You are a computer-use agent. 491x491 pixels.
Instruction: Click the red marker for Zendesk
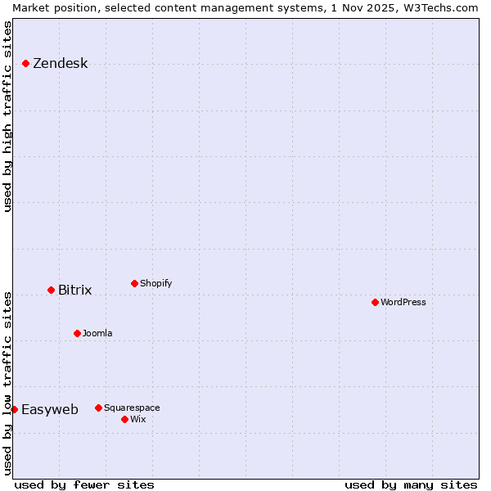25,63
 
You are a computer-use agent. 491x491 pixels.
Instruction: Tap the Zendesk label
60,64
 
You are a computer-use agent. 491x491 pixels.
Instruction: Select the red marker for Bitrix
51,290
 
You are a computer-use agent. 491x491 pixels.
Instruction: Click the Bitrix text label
74,291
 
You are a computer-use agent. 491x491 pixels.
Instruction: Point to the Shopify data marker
134,283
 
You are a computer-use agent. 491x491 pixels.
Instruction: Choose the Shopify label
155,284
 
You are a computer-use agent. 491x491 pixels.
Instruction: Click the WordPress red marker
375,302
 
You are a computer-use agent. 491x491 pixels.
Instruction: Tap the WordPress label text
403,303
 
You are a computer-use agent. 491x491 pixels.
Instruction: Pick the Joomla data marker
77,333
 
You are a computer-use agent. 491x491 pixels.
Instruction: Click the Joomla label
97,334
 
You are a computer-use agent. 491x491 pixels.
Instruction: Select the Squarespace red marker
98,408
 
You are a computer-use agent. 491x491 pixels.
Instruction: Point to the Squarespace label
132,408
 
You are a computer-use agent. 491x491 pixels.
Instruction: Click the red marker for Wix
124,419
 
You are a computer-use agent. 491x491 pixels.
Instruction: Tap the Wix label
137,420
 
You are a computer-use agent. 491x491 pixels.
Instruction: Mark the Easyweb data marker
14,409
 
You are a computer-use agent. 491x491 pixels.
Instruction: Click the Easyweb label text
49,410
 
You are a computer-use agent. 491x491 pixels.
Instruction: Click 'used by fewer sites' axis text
84,484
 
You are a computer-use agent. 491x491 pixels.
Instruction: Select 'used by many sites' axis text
411,484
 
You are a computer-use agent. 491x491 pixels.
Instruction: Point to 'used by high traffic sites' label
8,116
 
